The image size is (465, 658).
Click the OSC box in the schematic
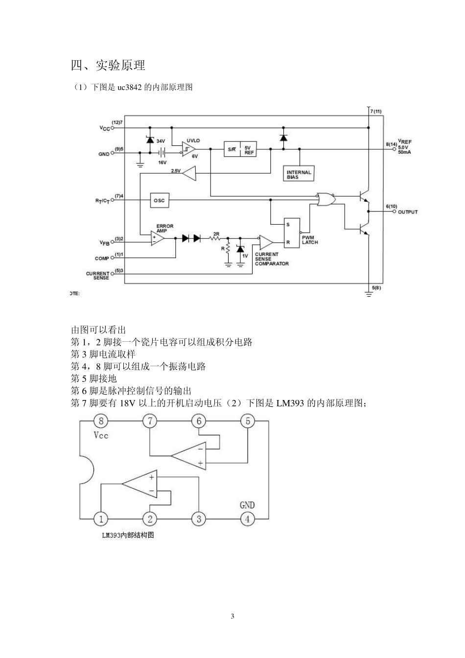tap(160, 200)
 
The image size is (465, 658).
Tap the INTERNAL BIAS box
tap(299, 174)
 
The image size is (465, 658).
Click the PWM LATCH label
tap(310, 240)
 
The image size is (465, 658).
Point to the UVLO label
tap(193, 141)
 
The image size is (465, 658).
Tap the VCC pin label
tap(105, 128)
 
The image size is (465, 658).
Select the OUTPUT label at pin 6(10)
tap(407, 212)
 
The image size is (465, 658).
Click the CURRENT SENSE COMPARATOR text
tap(271, 259)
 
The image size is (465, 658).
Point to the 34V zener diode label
tap(161, 141)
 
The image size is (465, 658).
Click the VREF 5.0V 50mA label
tap(405, 147)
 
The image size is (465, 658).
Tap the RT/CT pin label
tap(102, 201)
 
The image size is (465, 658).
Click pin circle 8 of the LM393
tap(101, 421)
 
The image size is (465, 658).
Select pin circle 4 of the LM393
tap(247, 519)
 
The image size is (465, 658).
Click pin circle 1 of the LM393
tap(101, 519)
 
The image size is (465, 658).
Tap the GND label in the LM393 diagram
tap(247, 505)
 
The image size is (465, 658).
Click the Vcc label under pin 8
tap(100, 435)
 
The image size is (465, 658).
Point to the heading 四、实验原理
tap(108, 65)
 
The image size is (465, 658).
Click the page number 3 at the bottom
tap(232, 616)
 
